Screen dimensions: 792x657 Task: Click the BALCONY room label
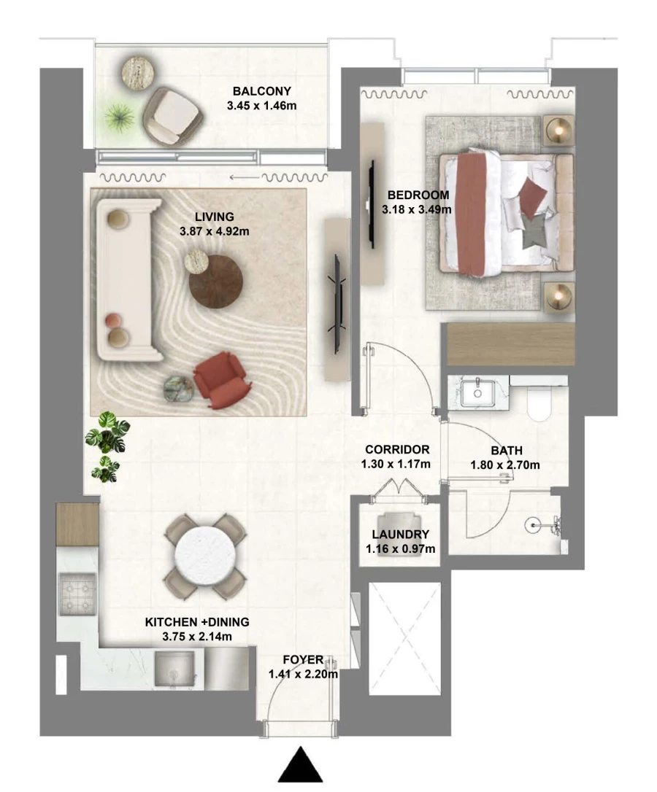tap(262, 91)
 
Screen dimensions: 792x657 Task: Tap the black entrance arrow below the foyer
tap(300, 766)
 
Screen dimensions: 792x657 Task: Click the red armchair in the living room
tap(220, 379)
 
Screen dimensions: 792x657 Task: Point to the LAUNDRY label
tap(400, 535)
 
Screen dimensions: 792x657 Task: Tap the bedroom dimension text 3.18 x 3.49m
tap(416, 209)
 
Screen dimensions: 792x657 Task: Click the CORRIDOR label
tap(397, 450)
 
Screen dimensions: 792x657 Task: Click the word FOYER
tap(302, 661)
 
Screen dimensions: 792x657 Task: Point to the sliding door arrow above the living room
tap(244, 176)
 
